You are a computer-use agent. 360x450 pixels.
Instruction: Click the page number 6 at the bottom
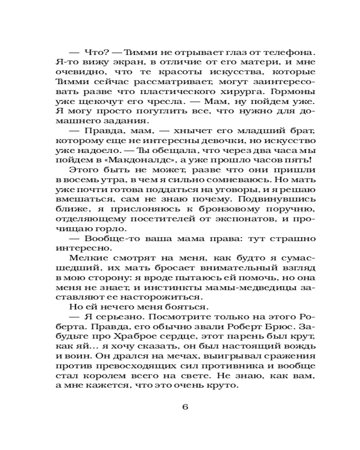[x=185, y=407]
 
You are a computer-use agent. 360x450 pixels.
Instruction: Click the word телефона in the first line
[x=279, y=53]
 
